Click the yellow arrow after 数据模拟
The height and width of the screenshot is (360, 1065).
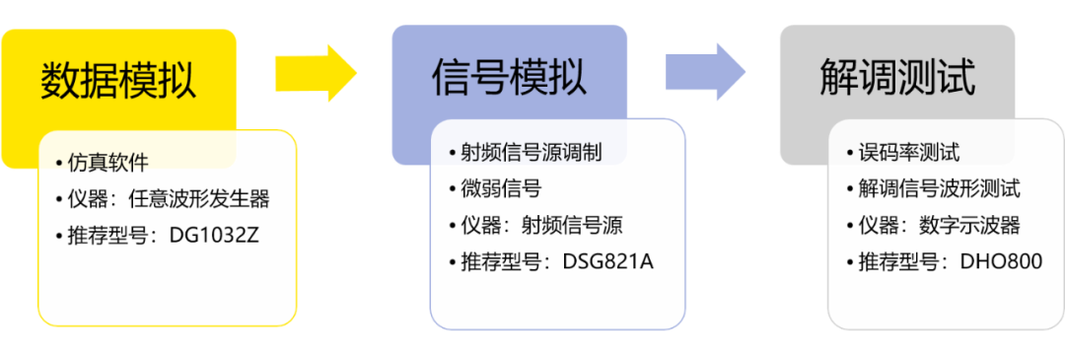(x=315, y=72)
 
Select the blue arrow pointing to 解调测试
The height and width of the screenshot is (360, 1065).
(x=704, y=72)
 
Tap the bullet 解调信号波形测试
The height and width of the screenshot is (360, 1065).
(x=939, y=188)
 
